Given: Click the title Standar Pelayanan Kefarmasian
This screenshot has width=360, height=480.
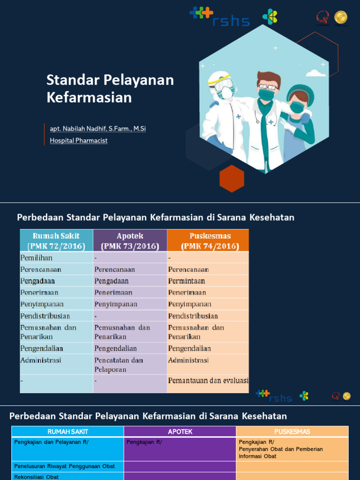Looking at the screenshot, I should [110, 89].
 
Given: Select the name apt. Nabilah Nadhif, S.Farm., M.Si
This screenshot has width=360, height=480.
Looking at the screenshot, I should [98, 128].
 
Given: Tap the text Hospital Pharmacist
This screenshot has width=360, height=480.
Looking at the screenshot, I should [79, 140].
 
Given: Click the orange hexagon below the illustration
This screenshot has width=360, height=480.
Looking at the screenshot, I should [232, 178].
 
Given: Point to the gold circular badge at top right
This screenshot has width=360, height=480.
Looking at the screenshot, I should [341, 18].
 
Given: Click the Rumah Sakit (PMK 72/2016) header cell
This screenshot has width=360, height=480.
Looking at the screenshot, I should [56, 241].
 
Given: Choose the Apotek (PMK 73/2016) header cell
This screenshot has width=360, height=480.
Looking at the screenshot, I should [130, 241].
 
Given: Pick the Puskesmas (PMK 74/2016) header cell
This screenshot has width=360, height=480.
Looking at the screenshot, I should [208, 241].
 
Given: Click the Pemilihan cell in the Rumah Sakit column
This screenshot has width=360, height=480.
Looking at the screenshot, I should [37, 258].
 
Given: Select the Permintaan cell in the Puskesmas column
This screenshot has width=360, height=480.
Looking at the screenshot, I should [187, 281].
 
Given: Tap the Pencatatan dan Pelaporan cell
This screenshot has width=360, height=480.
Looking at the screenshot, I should [119, 365].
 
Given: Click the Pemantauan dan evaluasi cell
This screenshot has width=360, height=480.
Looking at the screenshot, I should [208, 381].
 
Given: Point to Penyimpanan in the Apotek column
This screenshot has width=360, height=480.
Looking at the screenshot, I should [116, 304].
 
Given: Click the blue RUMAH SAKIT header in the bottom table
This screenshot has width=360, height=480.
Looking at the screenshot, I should [68, 431].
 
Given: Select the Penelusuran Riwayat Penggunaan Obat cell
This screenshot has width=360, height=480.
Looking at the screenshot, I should [65, 466].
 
